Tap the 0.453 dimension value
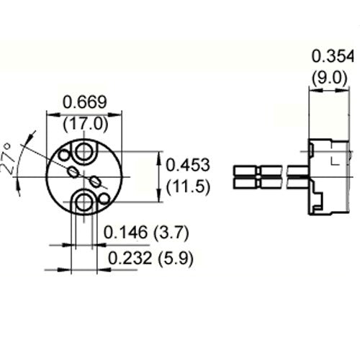pyautogui.click(x=188, y=165)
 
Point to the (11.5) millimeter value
pyautogui.click(x=188, y=187)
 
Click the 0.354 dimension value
pyautogui.click(x=330, y=57)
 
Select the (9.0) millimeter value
pyautogui.click(x=330, y=77)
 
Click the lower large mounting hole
pyautogui.click(x=86, y=202)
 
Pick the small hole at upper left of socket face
pyautogui.click(x=63, y=155)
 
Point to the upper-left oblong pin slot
pyautogui.click(x=75, y=171)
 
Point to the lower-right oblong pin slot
pyautogui.click(x=96, y=181)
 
